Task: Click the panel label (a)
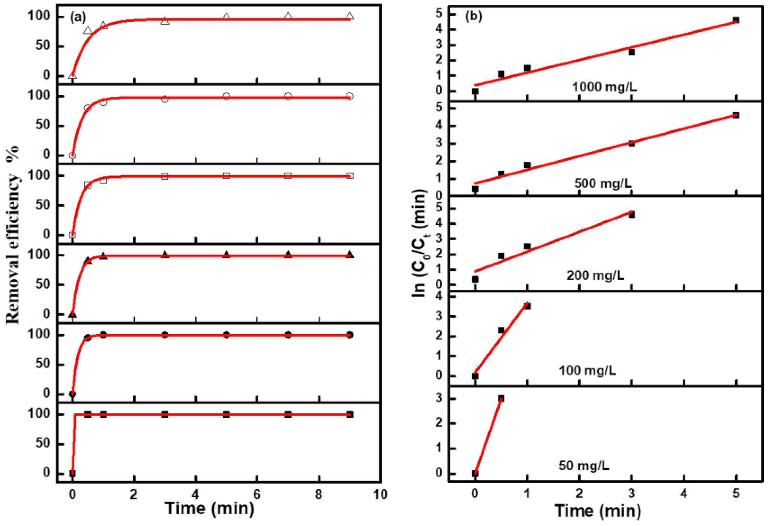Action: pos(78,17)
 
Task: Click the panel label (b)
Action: pos(473,16)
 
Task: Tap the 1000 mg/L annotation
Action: pos(604,87)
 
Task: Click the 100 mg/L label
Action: pos(587,370)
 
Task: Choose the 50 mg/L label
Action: pos(584,465)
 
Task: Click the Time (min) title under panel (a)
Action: pos(209,508)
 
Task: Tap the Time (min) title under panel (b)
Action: pos(598,510)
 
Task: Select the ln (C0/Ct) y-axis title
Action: pos(420,243)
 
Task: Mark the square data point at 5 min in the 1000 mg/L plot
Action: pos(736,20)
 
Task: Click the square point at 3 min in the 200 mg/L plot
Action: pos(632,215)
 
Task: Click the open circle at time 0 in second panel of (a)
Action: pos(72,155)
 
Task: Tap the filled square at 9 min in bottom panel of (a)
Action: pos(350,415)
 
